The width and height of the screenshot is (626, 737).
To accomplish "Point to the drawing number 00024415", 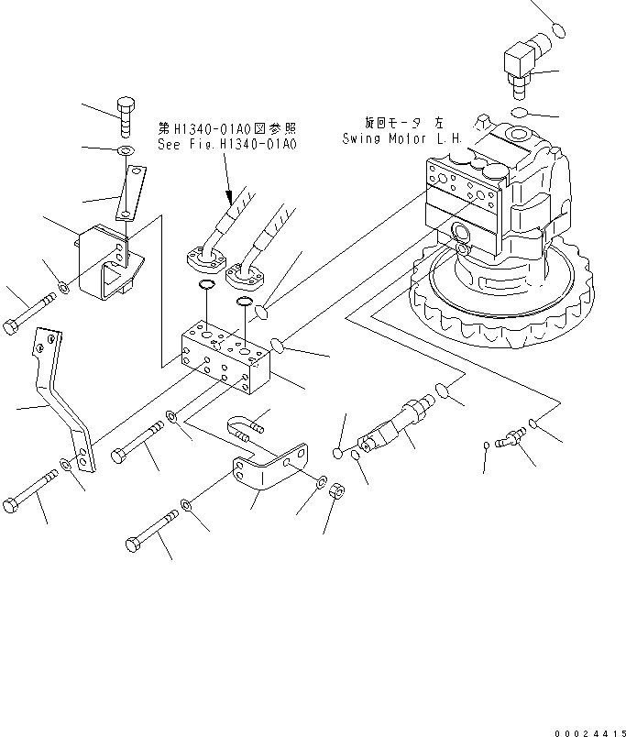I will pos(588,731).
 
